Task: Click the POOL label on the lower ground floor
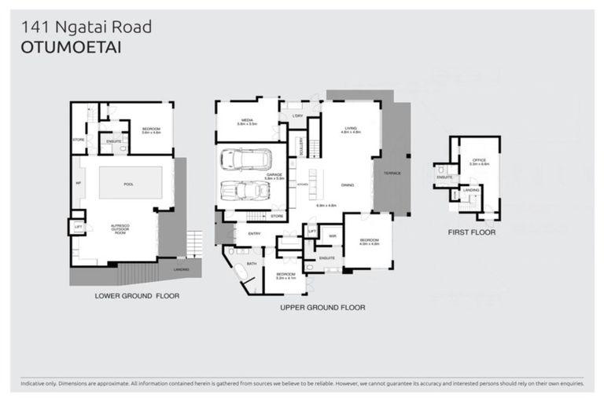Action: coord(129,183)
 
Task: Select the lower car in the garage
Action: coord(241,192)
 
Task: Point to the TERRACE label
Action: coord(392,173)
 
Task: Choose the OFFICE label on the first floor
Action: coord(480,162)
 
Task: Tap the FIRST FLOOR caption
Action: coord(472,232)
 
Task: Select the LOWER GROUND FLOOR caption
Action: coord(137,296)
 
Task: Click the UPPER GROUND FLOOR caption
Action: coord(322,308)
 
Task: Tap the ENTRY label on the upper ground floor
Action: coord(253,233)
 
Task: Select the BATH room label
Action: coord(252,265)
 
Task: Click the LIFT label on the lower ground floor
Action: coord(77,227)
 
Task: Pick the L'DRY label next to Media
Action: coord(297,117)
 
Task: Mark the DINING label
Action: coord(347,185)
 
